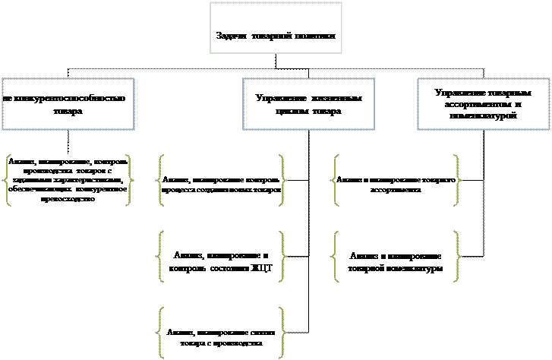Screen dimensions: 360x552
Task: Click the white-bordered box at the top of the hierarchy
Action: click(276, 28)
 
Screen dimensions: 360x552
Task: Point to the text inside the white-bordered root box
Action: click(276, 36)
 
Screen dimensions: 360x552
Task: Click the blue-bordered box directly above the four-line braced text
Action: click(68, 104)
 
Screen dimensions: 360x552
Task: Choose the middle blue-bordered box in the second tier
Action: click(308, 104)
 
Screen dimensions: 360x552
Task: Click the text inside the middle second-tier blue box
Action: click(308, 105)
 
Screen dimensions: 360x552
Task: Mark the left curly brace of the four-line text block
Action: click(7, 181)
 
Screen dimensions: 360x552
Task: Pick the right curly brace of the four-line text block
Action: click(129, 181)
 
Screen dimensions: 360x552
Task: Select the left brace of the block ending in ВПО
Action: click(160, 256)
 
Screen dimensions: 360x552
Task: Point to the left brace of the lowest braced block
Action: click(160, 333)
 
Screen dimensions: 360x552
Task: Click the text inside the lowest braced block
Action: click(221, 338)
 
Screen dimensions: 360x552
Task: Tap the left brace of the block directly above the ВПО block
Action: click(160, 181)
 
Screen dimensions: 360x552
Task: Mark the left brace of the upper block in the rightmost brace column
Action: click(335, 181)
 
